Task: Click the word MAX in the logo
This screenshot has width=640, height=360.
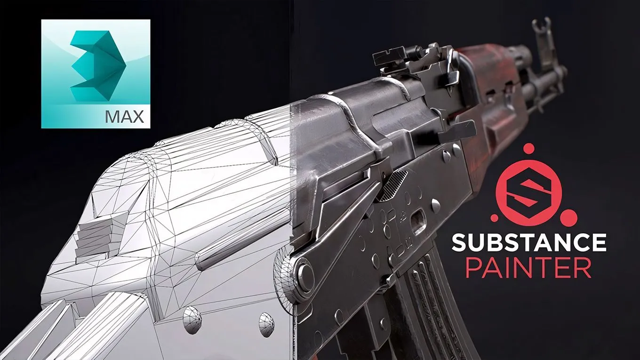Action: point(124,116)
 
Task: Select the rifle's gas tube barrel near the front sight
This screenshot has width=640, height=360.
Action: point(541,85)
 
